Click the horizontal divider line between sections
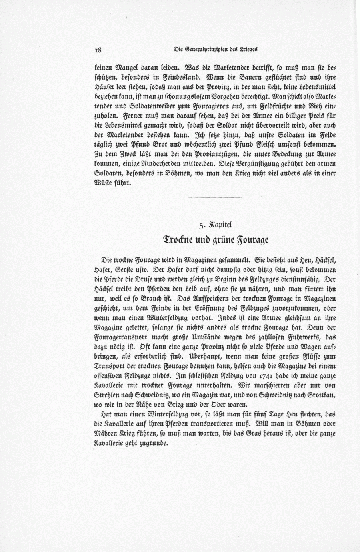(x=216, y=197)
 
